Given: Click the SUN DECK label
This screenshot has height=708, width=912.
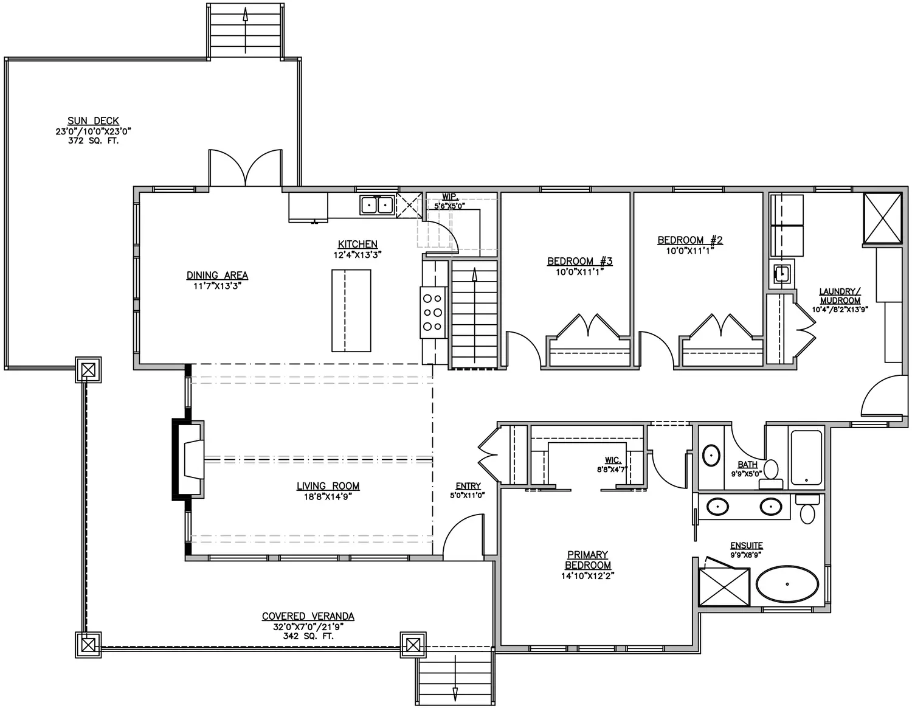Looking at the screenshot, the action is click(93, 121).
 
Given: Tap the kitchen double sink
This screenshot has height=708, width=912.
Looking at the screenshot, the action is click(377, 205).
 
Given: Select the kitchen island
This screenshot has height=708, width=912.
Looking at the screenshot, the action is click(351, 311).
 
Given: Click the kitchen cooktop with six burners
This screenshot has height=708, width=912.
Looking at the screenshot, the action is click(433, 312).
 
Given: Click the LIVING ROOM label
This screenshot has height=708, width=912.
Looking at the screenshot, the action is click(328, 486).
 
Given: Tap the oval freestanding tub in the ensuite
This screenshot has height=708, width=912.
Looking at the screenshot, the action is click(787, 584).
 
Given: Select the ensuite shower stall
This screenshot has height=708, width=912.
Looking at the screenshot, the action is click(724, 586).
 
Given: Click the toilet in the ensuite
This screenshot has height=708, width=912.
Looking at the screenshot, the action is click(807, 508).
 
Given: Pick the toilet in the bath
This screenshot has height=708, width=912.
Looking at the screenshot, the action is click(770, 474).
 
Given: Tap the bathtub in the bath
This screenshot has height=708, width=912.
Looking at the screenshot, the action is click(806, 457).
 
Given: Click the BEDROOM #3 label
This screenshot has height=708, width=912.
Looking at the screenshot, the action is click(579, 261).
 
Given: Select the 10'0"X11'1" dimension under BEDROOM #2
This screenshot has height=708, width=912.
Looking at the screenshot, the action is click(689, 251).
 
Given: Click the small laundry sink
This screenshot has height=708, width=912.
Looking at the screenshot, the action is click(782, 274).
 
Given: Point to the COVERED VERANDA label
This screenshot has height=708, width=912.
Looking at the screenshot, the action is click(308, 616).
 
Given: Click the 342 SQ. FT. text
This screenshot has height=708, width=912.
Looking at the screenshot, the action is click(308, 636).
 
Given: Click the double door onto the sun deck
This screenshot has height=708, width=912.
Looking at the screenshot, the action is click(246, 168).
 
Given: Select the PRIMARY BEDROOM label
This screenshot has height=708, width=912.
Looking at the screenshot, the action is click(587, 560).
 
